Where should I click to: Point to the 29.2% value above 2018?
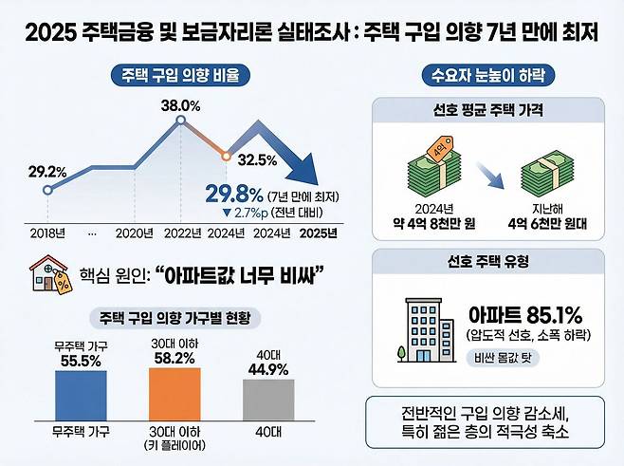pyautogui.click(x=46, y=172)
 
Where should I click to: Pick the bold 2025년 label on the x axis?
pyautogui.click(x=319, y=232)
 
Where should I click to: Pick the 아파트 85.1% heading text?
pyautogui.click(x=525, y=314)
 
